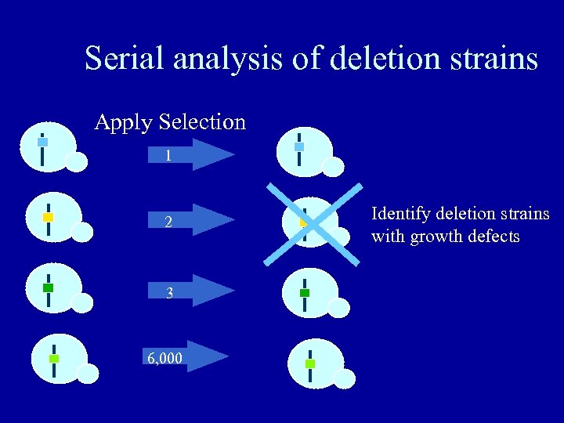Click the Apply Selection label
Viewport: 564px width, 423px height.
pos(170,122)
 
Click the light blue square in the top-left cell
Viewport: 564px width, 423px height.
pos(43,143)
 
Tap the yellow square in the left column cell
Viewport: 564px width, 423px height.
pos(48,216)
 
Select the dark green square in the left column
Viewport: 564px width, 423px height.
pos(48,287)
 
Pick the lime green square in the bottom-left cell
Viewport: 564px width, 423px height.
pos(54,358)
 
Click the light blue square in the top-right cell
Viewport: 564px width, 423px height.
pos(298,146)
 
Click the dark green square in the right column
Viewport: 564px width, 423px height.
pos(305,293)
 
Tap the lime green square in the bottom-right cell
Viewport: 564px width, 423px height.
pos(310,364)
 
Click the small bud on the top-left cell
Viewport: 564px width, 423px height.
pos(76,161)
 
